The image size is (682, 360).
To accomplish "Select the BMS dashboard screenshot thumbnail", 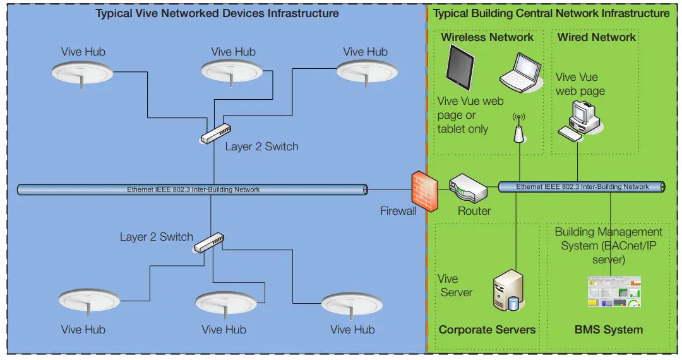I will click(614, 292).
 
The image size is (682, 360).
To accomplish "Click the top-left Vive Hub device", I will click(82, 73).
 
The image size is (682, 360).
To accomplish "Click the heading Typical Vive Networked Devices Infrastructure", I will click(217, 13).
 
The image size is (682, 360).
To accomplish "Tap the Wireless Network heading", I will click(487, 37).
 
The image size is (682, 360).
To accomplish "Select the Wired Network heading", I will click(596, 37).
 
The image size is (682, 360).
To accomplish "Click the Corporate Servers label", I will click(487, 330).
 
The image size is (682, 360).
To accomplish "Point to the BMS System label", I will click(608, 330).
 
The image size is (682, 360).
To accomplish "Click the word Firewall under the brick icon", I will click(398, 211).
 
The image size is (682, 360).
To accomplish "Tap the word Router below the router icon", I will click(474, 211).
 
